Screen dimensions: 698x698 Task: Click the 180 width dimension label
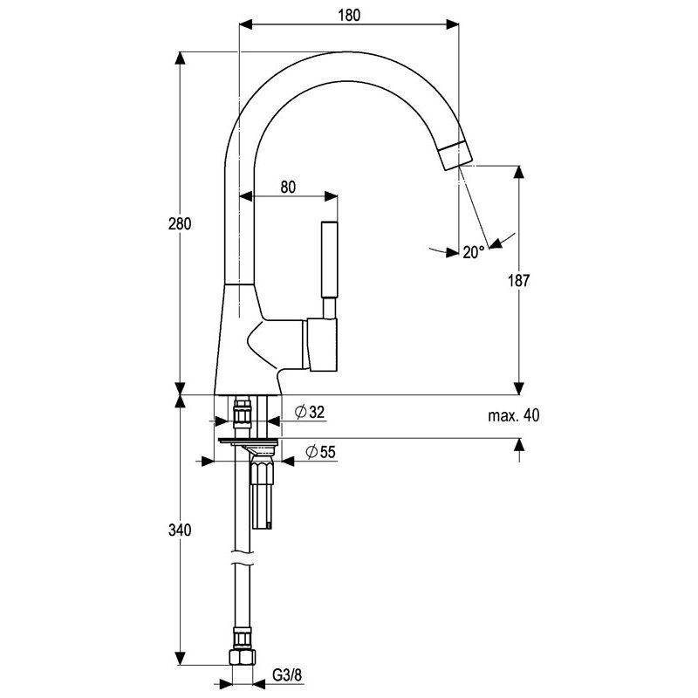click(x=348, y=16)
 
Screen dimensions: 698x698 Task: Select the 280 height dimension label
click(x=180, y=223)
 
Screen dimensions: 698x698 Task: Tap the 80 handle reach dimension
click(x=288, y=187)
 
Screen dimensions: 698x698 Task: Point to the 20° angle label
click(x=473, y=252)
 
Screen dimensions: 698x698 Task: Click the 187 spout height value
click(x=519, y=280)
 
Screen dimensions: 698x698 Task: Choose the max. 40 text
click(x=513, y=415)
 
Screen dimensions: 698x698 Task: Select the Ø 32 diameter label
click(x=310, y=412)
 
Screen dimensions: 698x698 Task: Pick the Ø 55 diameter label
click(x=320, y=452)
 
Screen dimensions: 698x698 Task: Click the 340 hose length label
click(x=180, y=530)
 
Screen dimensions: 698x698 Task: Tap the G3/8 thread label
click(x=287, y=675)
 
